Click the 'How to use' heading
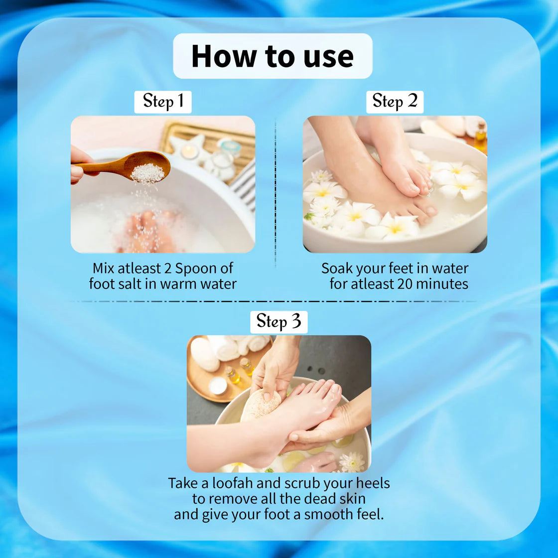[x=273, y=56]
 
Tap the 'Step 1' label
[x=163, y=102]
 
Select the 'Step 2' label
[x=395, y=102]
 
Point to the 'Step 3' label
[x=279, y=322]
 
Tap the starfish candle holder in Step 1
[x=191, y=149]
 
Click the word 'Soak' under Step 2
[x=337, y=269]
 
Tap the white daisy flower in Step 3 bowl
[x=352, y=461]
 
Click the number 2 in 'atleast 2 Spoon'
[x=167, y=269]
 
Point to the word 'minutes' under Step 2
[x=442, y=284]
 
